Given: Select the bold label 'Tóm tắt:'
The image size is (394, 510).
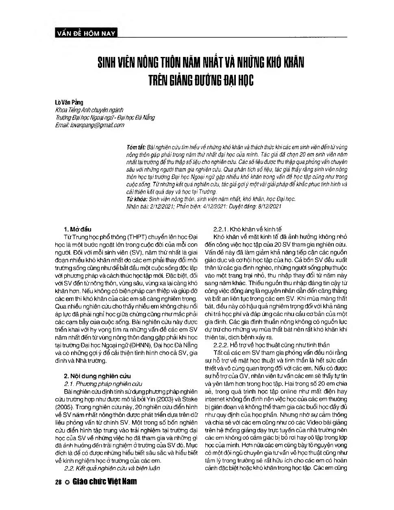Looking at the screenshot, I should pyautogui.click(x=136, y=147).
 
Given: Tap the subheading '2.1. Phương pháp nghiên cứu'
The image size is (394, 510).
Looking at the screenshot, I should pyautogui.click(x=103, y=384).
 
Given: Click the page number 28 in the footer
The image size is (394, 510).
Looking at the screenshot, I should pyautogui.click(x=58, y=482).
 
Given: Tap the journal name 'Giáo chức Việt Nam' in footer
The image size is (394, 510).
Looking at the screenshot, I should pyautogui.click(x=105, y=482).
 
